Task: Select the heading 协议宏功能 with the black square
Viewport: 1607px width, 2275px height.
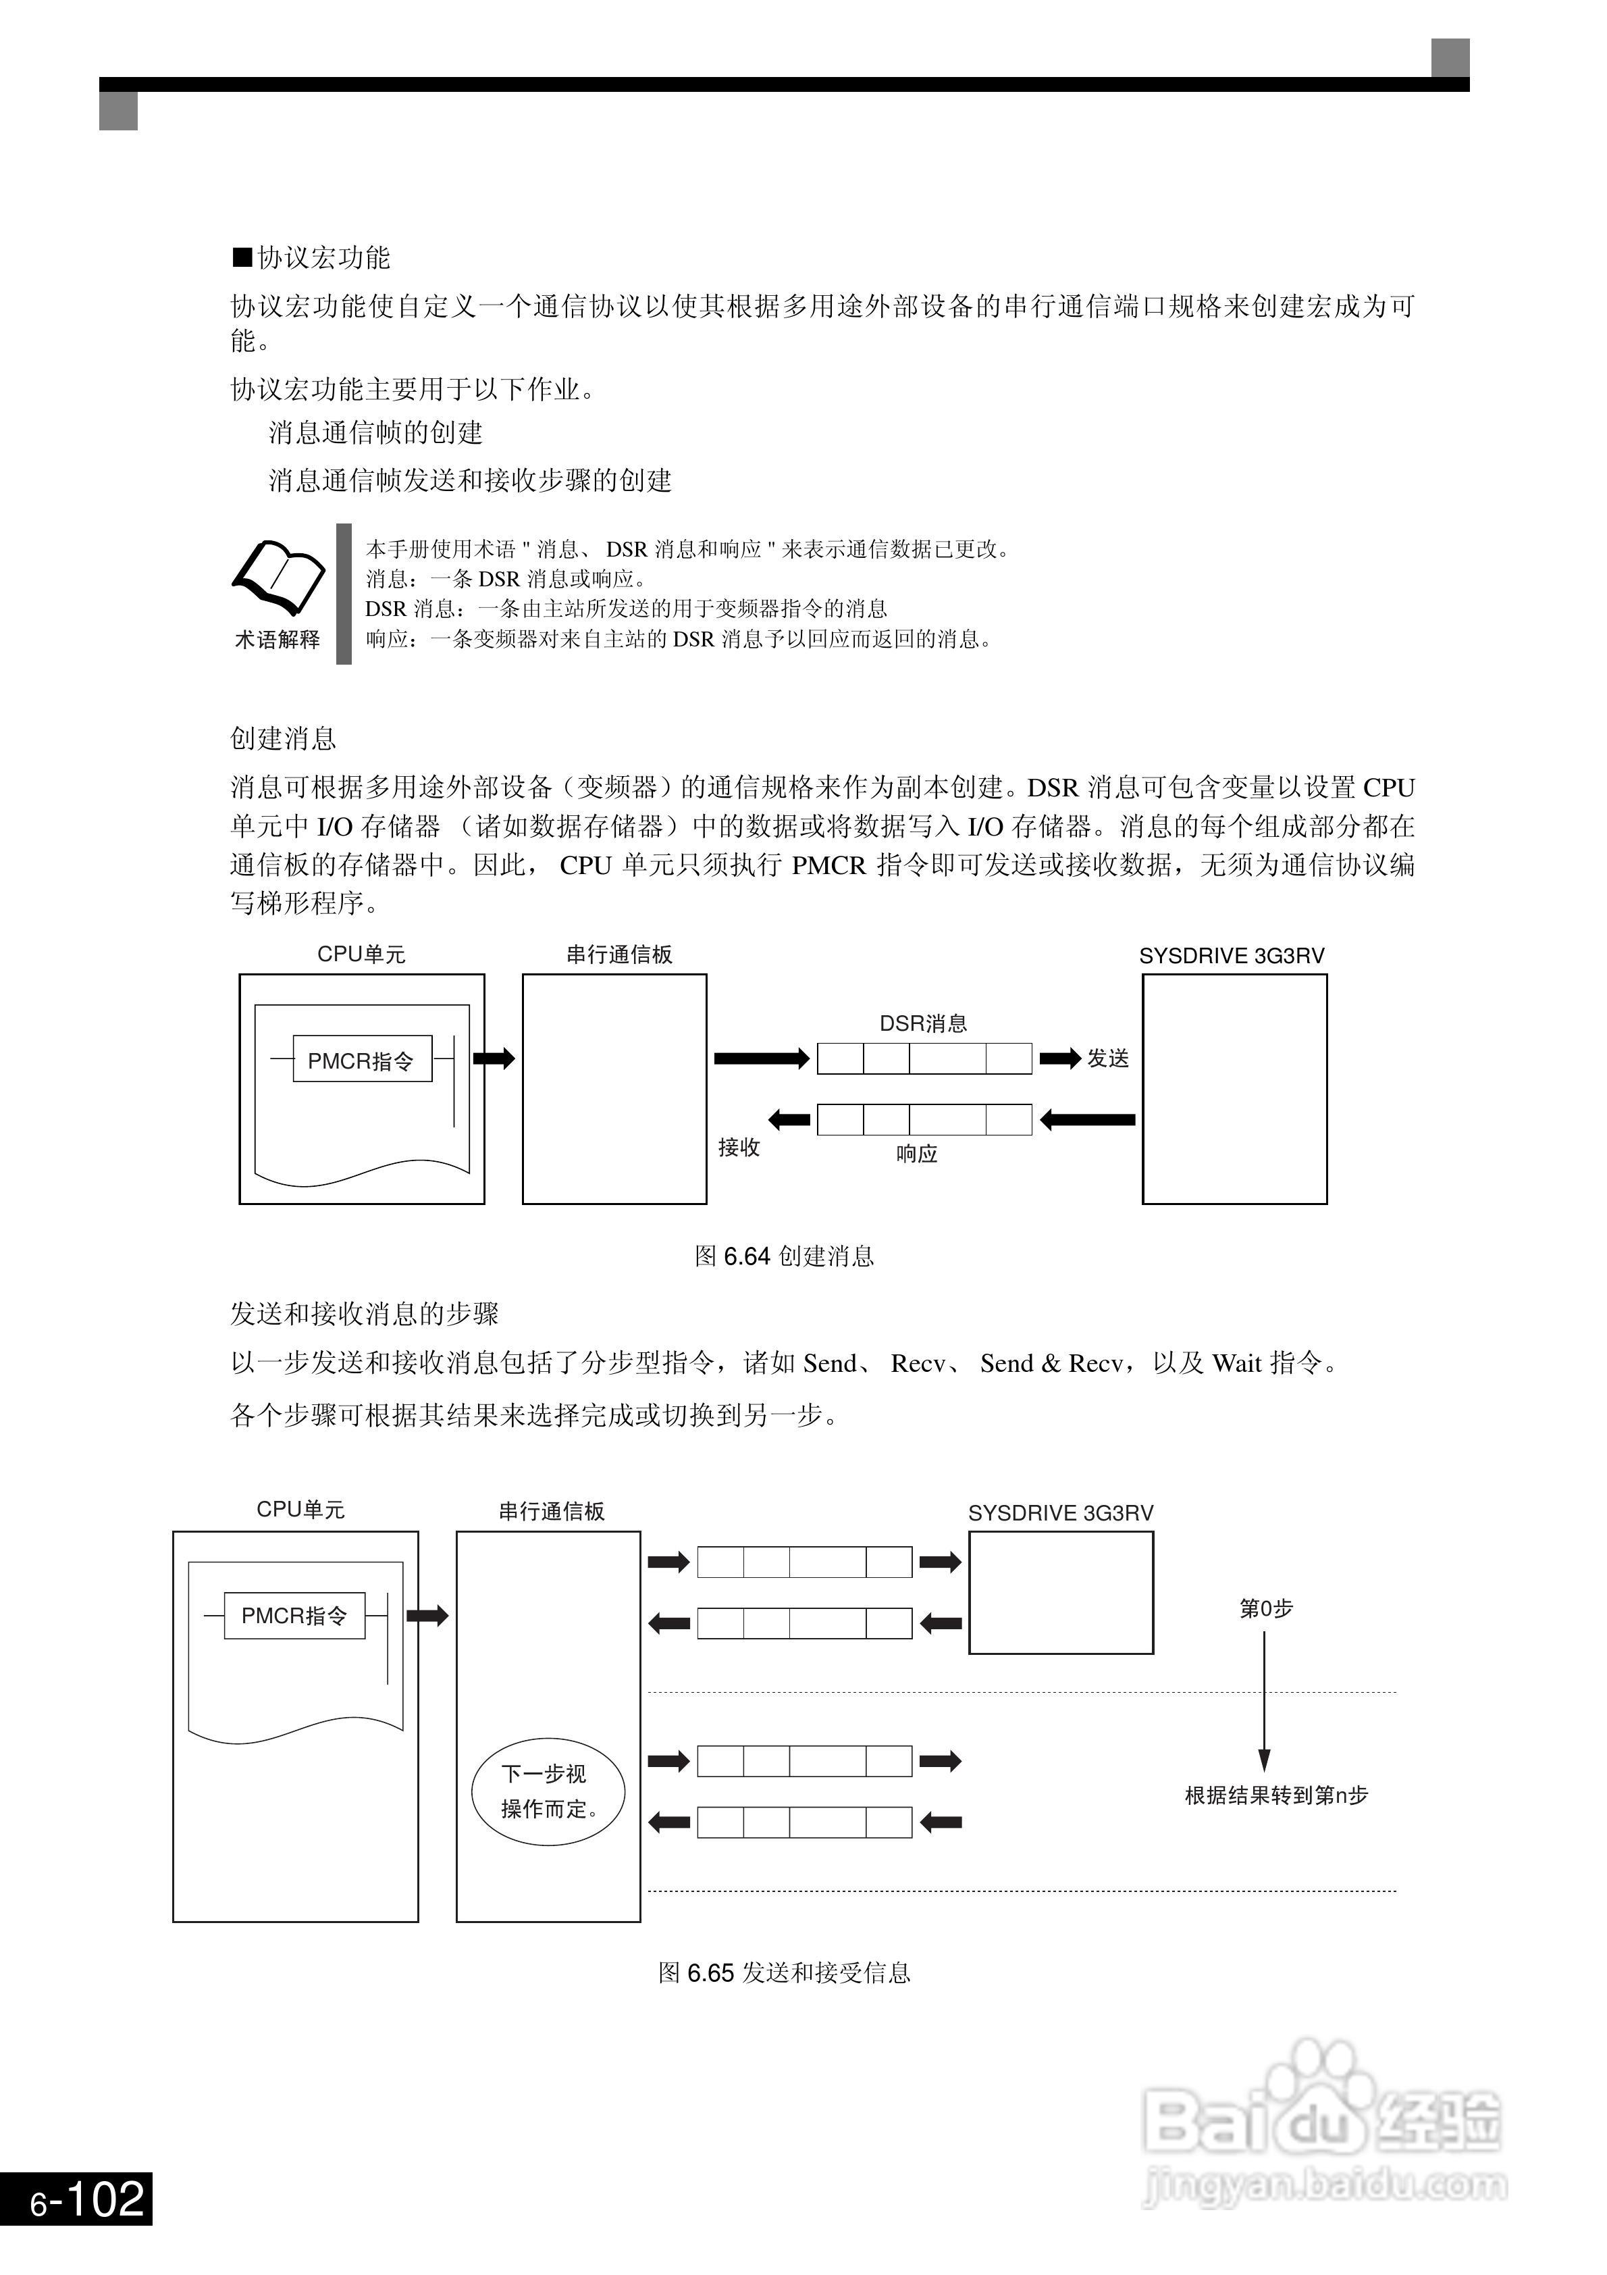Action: (312, 257)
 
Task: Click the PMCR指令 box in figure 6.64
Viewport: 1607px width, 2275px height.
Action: (362, 1060)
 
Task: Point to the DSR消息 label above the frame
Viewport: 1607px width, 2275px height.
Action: (924, 1023)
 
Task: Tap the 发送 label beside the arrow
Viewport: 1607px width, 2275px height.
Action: (1107, 1058)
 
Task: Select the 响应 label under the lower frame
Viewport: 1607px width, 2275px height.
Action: (916, 1153)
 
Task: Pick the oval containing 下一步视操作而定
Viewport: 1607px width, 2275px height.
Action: (548, 1791)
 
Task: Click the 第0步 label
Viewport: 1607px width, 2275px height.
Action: (1266, 1608)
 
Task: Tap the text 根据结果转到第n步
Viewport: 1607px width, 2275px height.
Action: (1276, 1795)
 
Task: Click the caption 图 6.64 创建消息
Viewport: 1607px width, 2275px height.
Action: (784, 1256)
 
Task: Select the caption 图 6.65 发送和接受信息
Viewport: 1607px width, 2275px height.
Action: (784, 1973)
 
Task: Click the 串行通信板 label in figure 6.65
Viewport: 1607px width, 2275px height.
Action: (551, 1511)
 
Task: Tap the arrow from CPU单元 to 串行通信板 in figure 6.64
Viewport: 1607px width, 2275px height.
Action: (494, 1058)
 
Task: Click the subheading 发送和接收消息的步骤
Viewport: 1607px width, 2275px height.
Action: (365, 1314)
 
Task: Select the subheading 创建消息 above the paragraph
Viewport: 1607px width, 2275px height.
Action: (284, 738)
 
